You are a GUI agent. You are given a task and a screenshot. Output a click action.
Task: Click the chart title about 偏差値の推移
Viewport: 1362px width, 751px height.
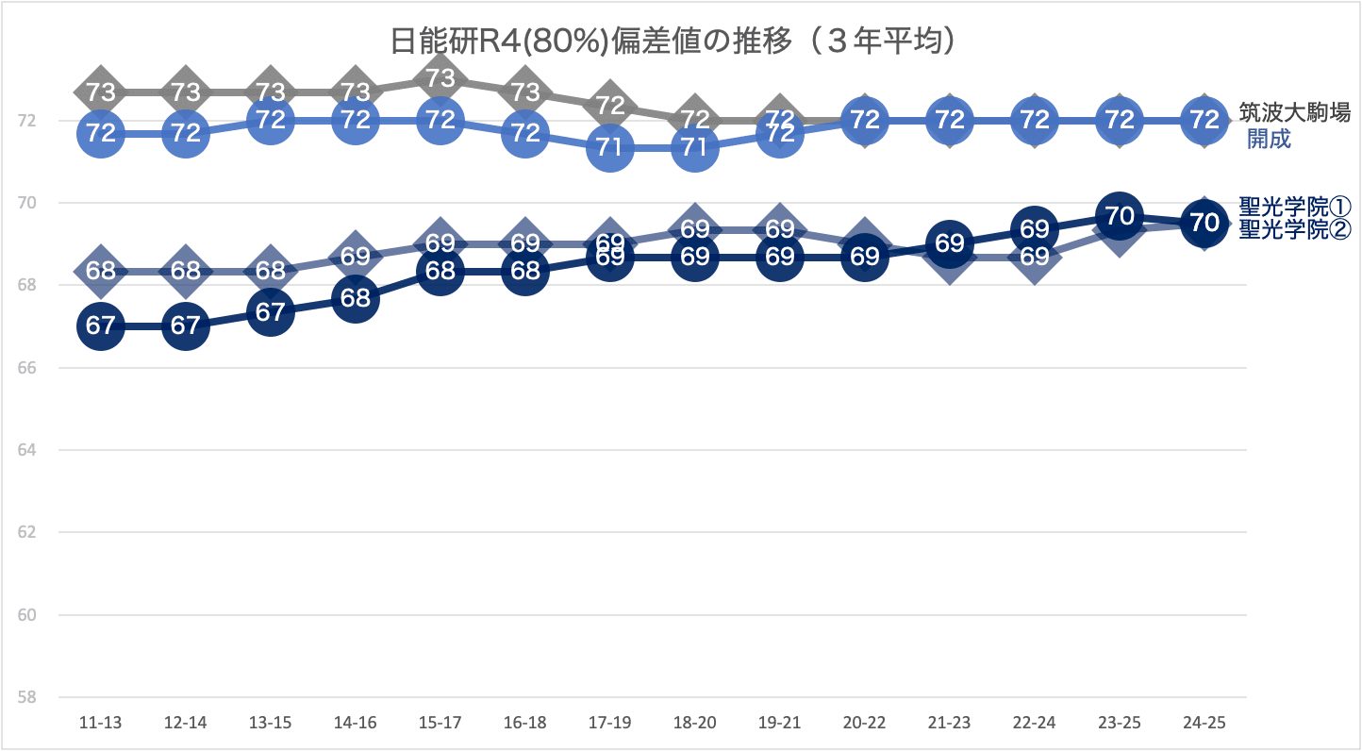tap(675, 41)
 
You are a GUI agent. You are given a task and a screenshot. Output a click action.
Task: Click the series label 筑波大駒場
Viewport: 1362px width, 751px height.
tap(1294, 113)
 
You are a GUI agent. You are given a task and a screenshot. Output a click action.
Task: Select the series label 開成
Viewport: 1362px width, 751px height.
tap(1269, 140)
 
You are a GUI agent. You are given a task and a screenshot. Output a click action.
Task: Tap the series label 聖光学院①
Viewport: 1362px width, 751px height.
tap(1295, 206)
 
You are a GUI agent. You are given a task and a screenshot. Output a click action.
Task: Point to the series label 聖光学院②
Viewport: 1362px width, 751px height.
tap(1295, 228)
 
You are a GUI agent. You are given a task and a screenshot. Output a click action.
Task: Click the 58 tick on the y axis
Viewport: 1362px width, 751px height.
tap(25, 697)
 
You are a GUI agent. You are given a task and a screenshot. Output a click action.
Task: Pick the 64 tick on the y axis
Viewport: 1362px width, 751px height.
tap(25, 450)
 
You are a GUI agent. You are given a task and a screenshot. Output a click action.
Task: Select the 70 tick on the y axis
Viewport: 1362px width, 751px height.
tap(25, 203)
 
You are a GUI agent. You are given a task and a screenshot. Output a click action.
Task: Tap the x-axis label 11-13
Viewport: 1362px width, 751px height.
tap(101, 723)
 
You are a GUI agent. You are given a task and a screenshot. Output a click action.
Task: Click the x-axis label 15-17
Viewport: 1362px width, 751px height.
tap(440, 723)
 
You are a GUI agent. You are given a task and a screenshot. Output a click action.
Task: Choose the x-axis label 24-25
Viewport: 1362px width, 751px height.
tap(1204, 723)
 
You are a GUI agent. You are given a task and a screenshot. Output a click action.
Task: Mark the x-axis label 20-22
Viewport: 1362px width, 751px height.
tap(864, 723)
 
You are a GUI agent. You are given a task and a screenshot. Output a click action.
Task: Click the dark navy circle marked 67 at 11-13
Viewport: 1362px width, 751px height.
tap(101, 326)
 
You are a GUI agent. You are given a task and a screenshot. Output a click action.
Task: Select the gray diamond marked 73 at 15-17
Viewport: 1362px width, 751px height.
tap(440, 77)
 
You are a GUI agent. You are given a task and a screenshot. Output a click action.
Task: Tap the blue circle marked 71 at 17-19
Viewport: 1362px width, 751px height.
tap(610, 147)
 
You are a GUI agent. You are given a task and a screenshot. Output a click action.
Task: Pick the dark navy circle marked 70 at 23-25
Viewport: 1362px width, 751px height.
tap(1120, 216)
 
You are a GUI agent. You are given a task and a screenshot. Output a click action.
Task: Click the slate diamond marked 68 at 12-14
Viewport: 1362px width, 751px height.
tap(186, 272)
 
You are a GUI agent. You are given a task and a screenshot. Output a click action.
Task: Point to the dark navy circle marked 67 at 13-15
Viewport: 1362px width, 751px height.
tap(271, 312)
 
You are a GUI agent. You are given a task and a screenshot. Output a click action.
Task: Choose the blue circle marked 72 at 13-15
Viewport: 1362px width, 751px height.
tap(271, 120)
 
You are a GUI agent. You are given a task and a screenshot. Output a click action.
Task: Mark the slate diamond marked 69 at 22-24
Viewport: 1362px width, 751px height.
tap(1035, 257)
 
